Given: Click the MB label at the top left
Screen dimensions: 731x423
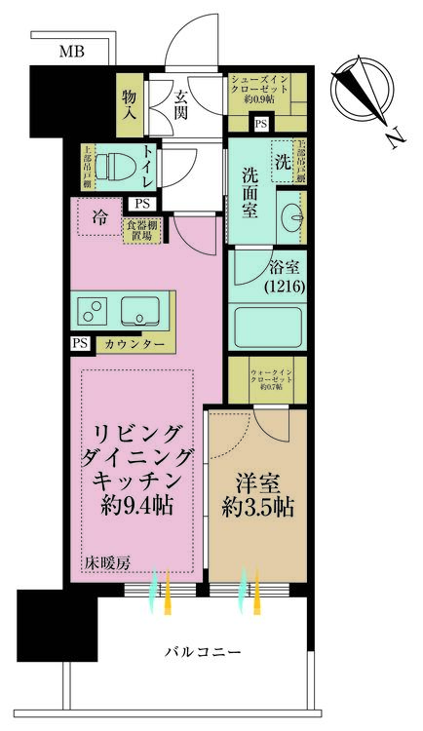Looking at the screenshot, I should click(x=71, y=51).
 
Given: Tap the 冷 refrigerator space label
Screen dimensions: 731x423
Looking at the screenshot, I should click(x=101, y=216).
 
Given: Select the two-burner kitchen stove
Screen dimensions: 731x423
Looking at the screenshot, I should click(x=95, y=312).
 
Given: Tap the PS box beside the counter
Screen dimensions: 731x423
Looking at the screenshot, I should click(x=79, y=344).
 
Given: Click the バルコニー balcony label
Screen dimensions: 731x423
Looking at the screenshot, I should click(x=201, y=651).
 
